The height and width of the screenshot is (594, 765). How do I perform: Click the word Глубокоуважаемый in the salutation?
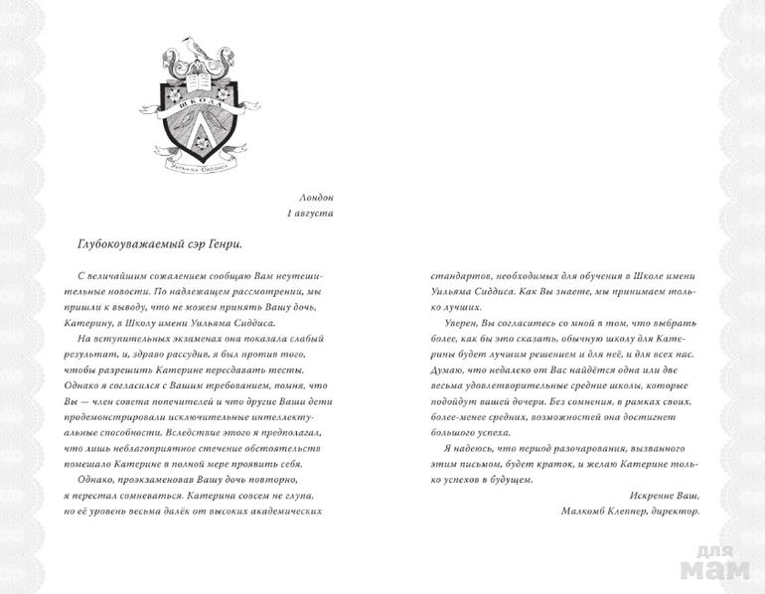[128, 243]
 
